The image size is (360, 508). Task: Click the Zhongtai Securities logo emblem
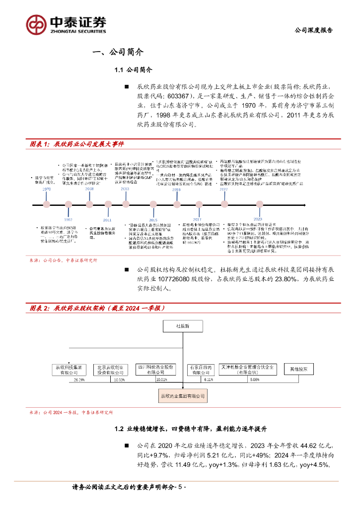(36, 24)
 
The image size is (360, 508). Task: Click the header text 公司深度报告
(314, 30)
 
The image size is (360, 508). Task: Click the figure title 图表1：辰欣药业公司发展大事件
(76, 144)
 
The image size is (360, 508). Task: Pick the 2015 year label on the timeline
(153, 220)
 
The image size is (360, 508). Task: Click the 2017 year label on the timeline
(197, 219)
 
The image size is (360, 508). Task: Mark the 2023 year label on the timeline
(258, 219)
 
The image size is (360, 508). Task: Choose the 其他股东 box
(298, 369)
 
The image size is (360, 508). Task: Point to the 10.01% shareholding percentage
(162, 380)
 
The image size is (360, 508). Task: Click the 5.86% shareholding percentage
(255, 380)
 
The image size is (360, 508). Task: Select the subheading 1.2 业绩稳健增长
(191, 429)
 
